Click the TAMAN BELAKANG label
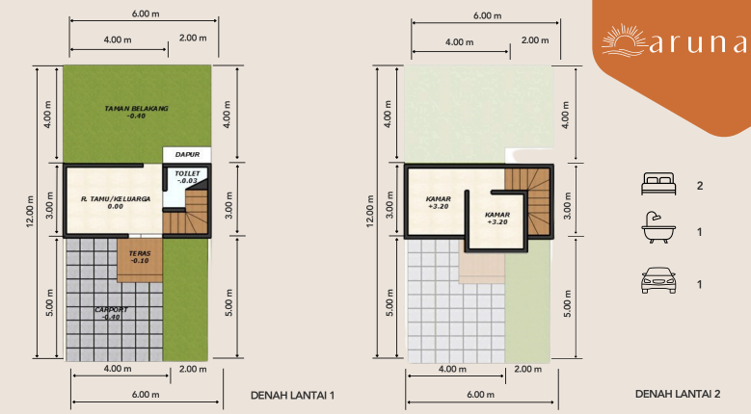pos(136,112)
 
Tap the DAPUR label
pos(187,154)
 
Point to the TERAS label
pos(139,255)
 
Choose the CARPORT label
pos(112,313)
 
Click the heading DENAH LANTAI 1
pos(291,395)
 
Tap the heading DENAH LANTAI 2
pos(678,394)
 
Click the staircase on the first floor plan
pos(189,214)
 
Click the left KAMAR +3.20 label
pos(438,202)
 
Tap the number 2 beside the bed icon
pos(699,183)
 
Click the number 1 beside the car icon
pos(699,284)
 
